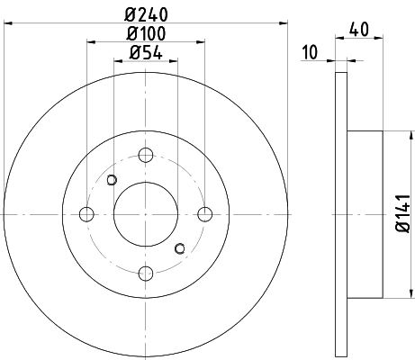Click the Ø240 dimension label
tap(146, 15)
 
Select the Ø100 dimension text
tap(146, 33)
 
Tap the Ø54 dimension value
tap(146, 53)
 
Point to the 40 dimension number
tap(359, 30)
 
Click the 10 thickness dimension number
tap(310, 52)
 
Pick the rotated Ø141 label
tap(403, 213)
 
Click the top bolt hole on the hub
tap(146, 155)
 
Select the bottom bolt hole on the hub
tap(146, 274)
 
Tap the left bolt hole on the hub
tap(86, 214)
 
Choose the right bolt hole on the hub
tap(205, 214)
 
